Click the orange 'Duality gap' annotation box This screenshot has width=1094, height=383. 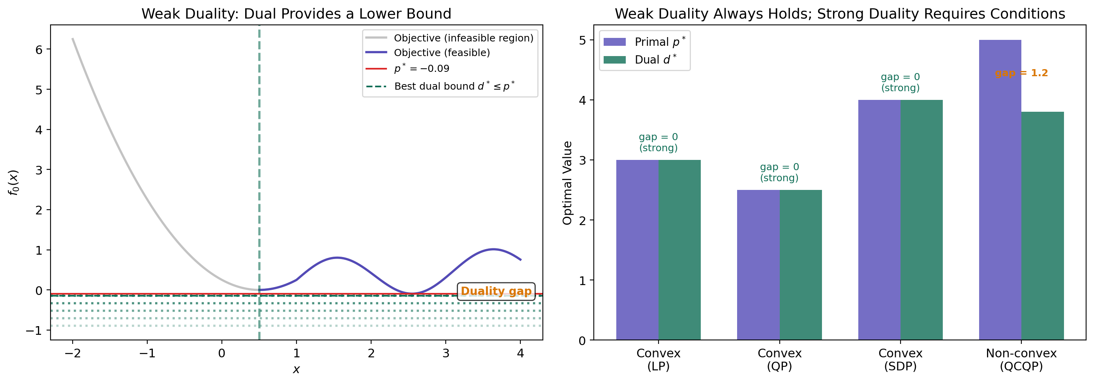(495, 291)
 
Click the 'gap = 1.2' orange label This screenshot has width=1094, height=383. (1021, 73)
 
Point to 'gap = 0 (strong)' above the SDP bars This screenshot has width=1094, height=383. (900, 83)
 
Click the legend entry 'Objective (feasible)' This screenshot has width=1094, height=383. (442, 53)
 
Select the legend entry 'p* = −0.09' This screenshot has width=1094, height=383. (421, 68)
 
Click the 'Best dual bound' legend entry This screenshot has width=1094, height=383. (454, 86)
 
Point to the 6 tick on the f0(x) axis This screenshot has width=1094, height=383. (39, 50)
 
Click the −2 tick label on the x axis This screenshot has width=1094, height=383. (73, 353)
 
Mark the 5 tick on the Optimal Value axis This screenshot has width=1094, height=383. (582, 40)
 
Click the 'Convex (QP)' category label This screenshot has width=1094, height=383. (779, 359)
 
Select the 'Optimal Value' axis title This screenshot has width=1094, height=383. (567, 182)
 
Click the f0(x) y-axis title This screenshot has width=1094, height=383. (13, 182)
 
